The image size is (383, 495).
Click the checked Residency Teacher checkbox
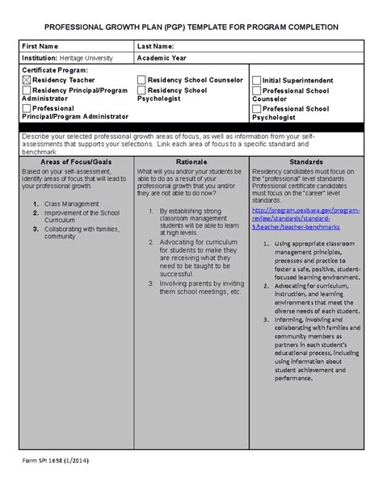tap(26, 81)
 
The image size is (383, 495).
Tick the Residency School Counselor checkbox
tap(141, 80)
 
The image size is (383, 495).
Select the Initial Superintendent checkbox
tap(256, 81)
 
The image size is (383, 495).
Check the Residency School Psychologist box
tap(141, 91)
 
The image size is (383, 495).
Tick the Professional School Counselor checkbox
tap(256, 92)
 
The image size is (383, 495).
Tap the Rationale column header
tap(191, 162)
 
